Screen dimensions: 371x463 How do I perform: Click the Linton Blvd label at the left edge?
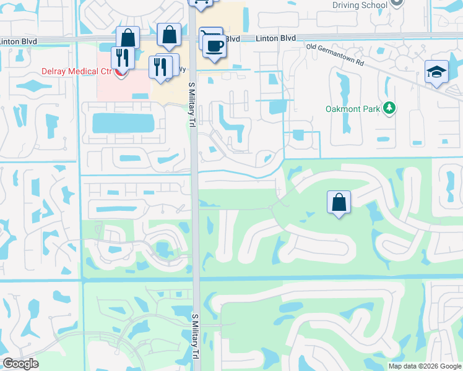click(19, 41)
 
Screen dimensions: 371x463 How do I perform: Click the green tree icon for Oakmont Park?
click(389, 109)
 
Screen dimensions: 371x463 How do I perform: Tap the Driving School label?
click(359, 5)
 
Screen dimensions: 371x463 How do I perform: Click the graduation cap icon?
click(436, 72)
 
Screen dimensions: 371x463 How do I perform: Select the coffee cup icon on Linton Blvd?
click(214, 46)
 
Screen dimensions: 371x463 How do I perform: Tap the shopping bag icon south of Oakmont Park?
click(339, 202)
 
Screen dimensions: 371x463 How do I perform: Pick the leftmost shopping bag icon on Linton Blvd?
click(128, 38)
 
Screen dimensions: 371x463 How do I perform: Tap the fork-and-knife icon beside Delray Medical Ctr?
click(122, 58)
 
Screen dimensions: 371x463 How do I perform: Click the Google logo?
click(21, 364)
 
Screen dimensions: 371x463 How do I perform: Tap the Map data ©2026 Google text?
click(424, 366)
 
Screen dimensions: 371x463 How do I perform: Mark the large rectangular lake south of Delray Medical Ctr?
click(123, 123)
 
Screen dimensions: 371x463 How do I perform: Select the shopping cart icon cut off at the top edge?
click(199, 3)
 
